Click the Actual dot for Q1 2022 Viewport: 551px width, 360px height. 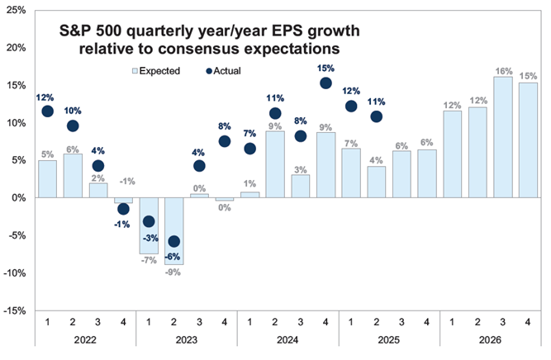click(x=48, y=111)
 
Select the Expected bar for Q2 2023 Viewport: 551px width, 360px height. click(x=174, y=231)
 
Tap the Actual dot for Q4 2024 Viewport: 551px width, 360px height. click(x=325, y=83)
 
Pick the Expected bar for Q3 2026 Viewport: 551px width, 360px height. click(x=502, y=137)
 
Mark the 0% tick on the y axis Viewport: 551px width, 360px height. click(x=18, y=198)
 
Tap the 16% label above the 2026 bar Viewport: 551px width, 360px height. click(x=502, y=71)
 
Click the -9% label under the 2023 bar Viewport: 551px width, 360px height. click(x=173, y=272)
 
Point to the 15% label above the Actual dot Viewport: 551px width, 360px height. click(x=325, y=68)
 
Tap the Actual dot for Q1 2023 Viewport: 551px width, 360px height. click(x=149, y=221)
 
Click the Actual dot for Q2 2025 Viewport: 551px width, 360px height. click(x=376, y=116)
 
